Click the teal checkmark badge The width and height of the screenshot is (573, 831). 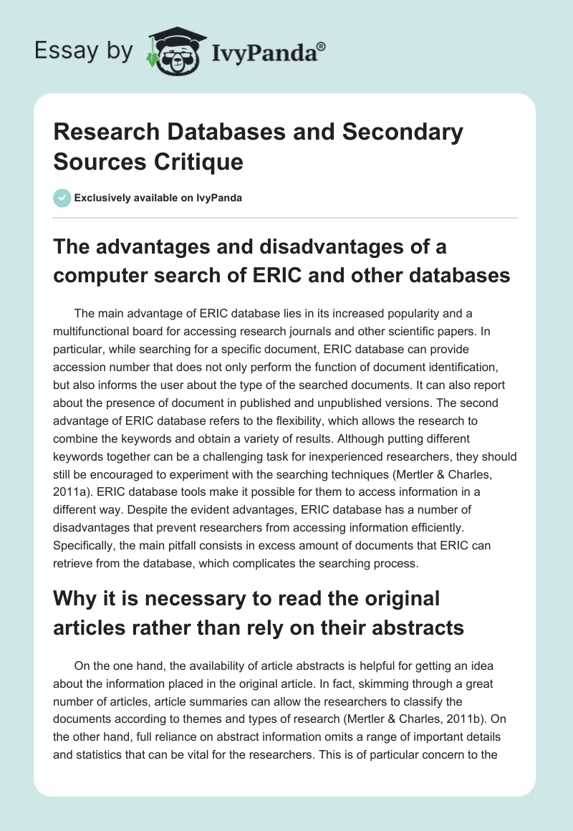pos(62,198)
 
